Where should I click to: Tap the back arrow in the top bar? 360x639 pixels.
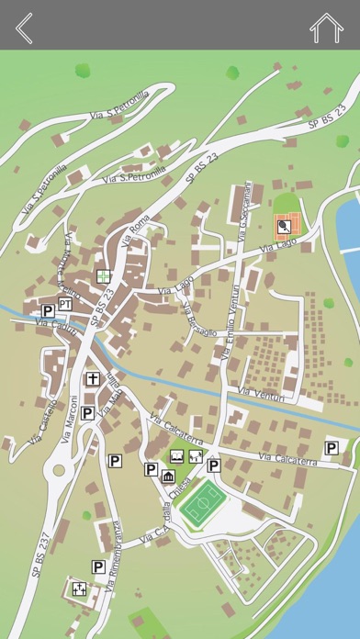click(x=24, y=28)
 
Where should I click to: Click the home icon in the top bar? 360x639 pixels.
click(x=326, y=28)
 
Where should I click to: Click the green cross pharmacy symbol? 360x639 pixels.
click(x=104, y=275)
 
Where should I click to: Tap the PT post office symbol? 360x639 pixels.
click(x=65, y=304)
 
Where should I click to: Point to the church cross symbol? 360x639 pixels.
click(x=93, y=378)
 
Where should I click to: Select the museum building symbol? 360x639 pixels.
click(x=168, y=476)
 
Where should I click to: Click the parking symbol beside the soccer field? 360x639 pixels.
click(x=213, y=465)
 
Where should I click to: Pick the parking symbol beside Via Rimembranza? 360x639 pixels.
click(x=97, y=567)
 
